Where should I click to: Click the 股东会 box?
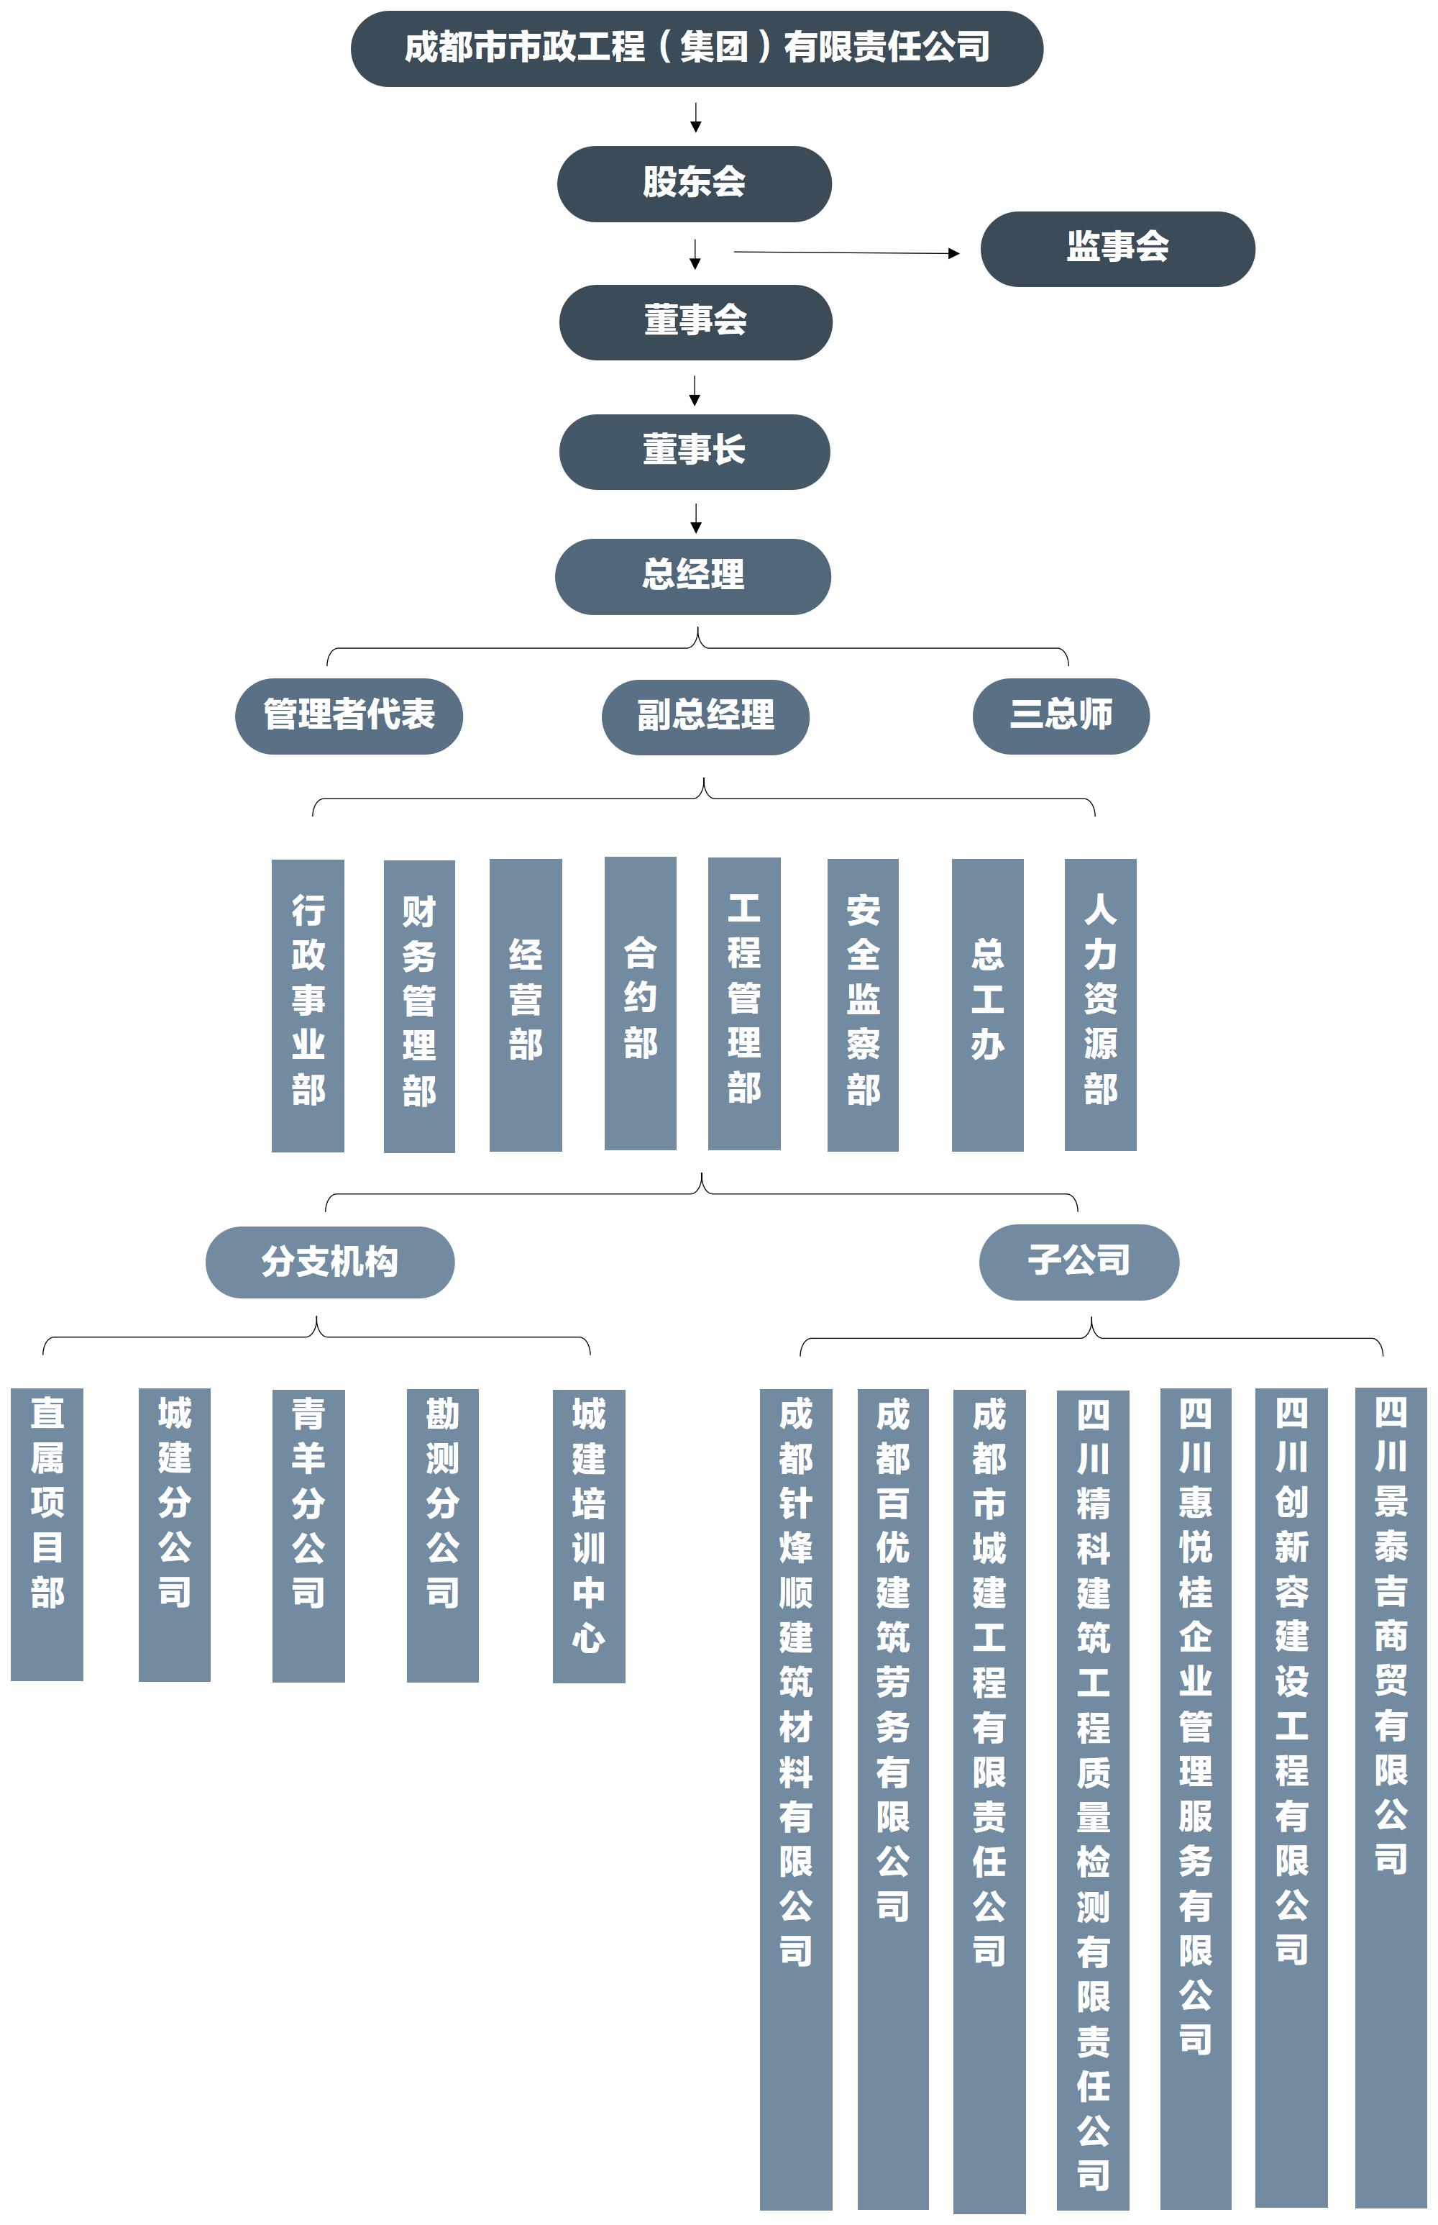tap(694, 183)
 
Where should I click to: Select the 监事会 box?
tap(1117, 248)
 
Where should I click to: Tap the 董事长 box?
tap(694, 451)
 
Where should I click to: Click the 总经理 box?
tap(693, 576)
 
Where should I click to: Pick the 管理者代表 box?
tap(348, 716)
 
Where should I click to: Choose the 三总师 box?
tap(1061, 716)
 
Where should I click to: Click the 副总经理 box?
tap(705, 716)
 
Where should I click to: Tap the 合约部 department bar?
tap(640, 1004)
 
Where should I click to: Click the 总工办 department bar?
tap(987, 1004)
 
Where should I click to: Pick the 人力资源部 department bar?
tap(1100, 1004)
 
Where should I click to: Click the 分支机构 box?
tap(329, 1262)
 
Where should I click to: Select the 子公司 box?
tap(1078, 1262)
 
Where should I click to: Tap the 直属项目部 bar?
tap(47, 1534)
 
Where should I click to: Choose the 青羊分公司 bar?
tap(308, 1534)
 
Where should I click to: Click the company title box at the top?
tap(697, 49)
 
